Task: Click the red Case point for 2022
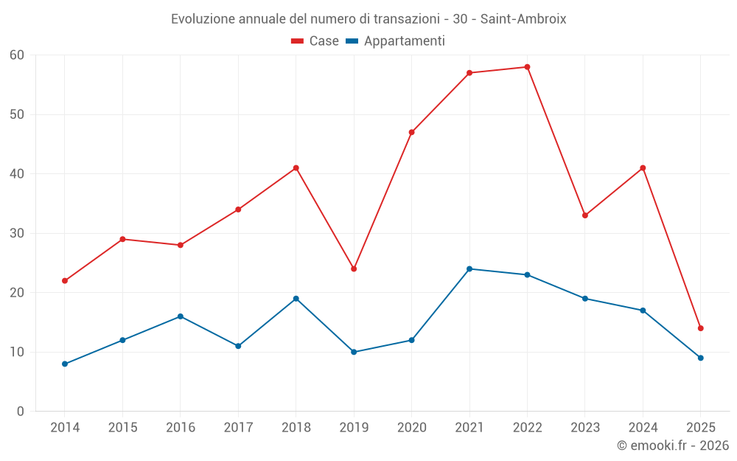[527, 67]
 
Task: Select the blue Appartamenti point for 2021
[469, 268]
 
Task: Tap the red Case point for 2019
[354, 268]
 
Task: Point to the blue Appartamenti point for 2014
[65, 364]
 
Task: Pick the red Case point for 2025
[701, 328]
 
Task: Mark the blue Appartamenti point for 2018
[296, 299]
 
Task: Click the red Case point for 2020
[411, 132]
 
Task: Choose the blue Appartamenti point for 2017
[238, 346]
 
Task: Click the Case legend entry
[315, 41]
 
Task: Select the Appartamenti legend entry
[395, 41]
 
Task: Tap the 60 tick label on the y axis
[17, 55]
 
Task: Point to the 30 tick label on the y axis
[17, 233]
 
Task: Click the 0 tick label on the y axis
[21, 412]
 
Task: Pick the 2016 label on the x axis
[181, 428]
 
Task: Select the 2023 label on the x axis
[585, 428]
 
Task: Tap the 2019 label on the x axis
[354, 428]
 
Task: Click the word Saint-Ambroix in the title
[523, 19]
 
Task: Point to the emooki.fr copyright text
[673, 446]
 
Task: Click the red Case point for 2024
[643, 168]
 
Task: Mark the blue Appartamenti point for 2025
[701, 358]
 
